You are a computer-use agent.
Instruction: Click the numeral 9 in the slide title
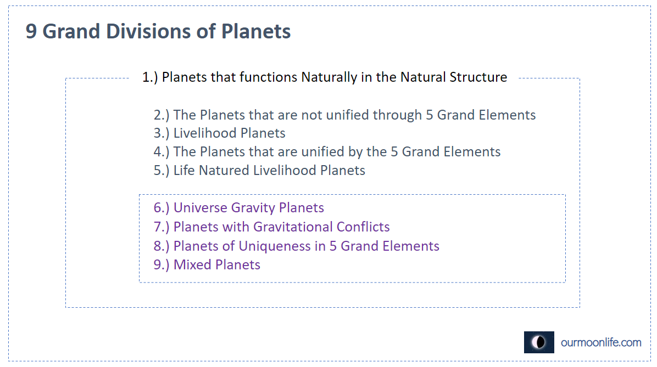click(x=31, y=31)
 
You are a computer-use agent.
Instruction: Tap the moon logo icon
click(x=539, y=342)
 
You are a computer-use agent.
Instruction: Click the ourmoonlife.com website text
click(x=601, y=342)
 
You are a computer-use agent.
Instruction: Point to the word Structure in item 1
click(x=478, y=77)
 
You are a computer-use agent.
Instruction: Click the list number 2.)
click(x=162, y=115)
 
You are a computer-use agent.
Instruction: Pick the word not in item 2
click(x=311, y=115)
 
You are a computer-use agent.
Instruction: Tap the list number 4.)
click(x=162, y=152)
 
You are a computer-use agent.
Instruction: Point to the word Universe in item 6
click(x=201, y=207)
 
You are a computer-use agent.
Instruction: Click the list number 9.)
click(x=162, y=265)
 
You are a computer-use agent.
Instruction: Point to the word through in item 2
click(x=397, y=115)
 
